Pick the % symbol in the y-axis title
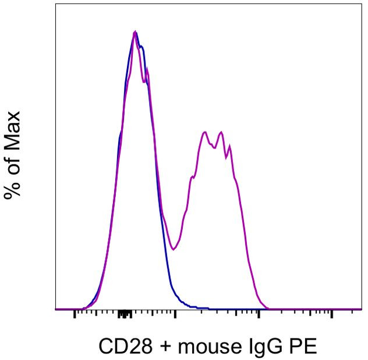pos(13,188)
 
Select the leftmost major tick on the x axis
pos(75,315)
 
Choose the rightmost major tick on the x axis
pos(331,315)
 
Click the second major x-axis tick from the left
pos(175,315)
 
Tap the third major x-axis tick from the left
pos(259,315)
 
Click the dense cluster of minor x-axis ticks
pos(123,315)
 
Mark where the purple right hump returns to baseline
pos(267,308)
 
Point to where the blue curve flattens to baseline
pos(198,308)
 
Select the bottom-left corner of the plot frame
pos(55,309)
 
